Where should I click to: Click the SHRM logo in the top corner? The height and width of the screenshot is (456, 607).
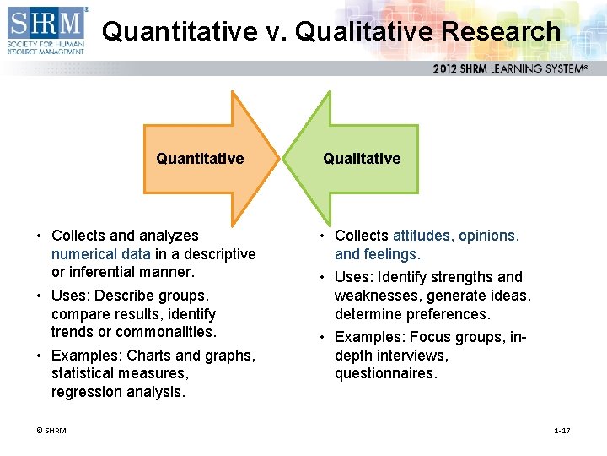[x=46, y=30]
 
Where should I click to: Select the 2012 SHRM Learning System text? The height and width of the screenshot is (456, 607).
[x=510, y=68]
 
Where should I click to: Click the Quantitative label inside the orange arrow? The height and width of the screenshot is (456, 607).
[x=200, y=159]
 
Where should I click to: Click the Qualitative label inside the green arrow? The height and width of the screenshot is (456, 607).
[x=362, y=159]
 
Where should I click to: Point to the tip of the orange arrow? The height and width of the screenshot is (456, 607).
[x=277, y=159]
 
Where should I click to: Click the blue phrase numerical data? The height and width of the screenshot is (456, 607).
[x=100, y=254]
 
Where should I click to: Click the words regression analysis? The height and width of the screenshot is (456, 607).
[x=117, y=392]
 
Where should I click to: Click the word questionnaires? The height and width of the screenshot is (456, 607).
[x=385, y=374]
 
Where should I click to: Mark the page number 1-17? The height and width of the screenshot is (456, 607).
[x=561, y=431]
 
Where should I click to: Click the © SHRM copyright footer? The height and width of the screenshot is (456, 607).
[x=51, y=431]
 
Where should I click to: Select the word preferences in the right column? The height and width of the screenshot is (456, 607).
[x=448, y=314]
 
